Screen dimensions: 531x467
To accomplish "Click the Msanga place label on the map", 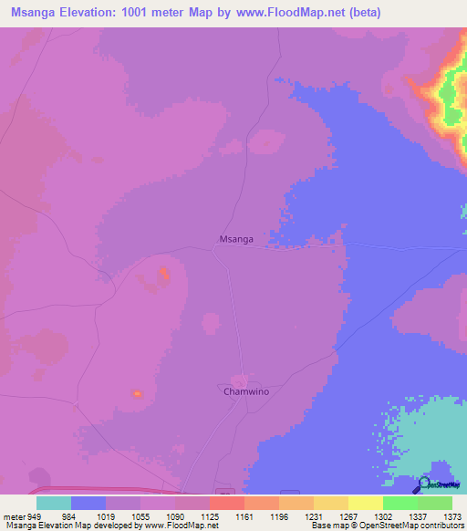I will pyautogui.click(x=235, y=238).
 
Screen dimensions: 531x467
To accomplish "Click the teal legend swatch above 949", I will pyautogui.click(x=54, y=503).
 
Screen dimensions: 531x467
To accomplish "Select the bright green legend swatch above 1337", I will pyautogui.click(x=400, y=503).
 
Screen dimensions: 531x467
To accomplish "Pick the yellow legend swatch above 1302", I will pyautogui.click(x=365, y=503).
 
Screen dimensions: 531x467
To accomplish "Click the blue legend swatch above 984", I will pyautogui.click(x=88, y=503).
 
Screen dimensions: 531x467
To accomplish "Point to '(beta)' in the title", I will pyautogui.click(x=363, y=13).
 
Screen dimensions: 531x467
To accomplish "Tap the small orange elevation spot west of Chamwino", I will pyautogui.click(x=137, y=393).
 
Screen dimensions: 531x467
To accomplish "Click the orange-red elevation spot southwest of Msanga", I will pyautogui.click(x=164, y=272).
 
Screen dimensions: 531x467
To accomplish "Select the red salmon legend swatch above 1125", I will pyautogui.click(x=226, y=503).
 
